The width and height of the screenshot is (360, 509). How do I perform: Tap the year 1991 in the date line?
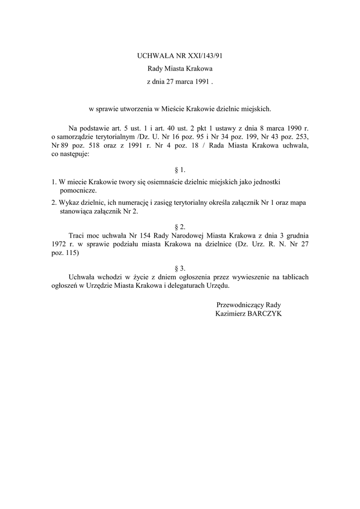coord(201,81)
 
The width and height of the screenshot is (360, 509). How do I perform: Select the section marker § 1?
coord(180,170)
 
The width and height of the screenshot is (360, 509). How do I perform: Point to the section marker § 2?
coord(180,226)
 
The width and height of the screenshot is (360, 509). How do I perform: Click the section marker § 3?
coord(180,268)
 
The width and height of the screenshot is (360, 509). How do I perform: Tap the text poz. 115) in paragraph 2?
coord(65,253)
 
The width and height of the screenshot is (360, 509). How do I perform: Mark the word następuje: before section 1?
coord(74,154)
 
